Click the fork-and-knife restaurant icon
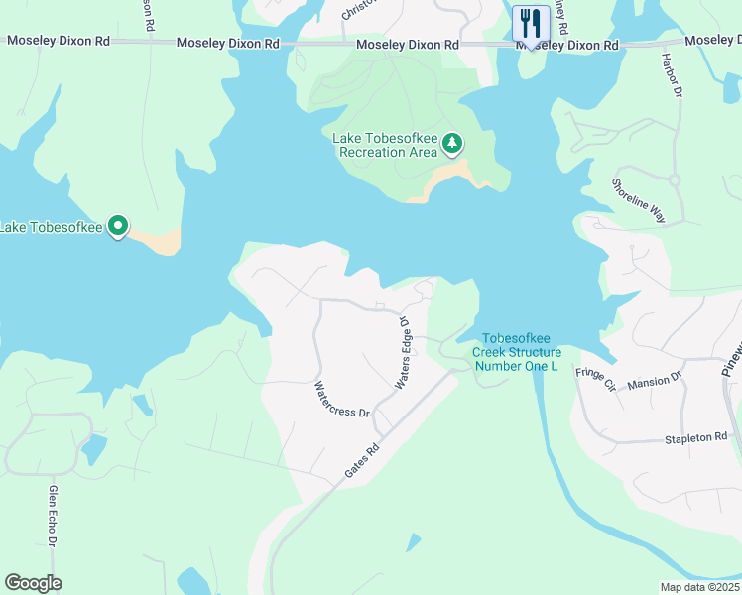tap(531, 24)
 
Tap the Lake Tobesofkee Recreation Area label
tap(387, 145)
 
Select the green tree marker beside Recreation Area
tap(452, 144)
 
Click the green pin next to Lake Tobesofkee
tap(118, 227)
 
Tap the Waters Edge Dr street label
tap(404, 353)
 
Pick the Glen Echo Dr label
tap(54, 515)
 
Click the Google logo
tap(34, 583)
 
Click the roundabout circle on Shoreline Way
tap(674, 180)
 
